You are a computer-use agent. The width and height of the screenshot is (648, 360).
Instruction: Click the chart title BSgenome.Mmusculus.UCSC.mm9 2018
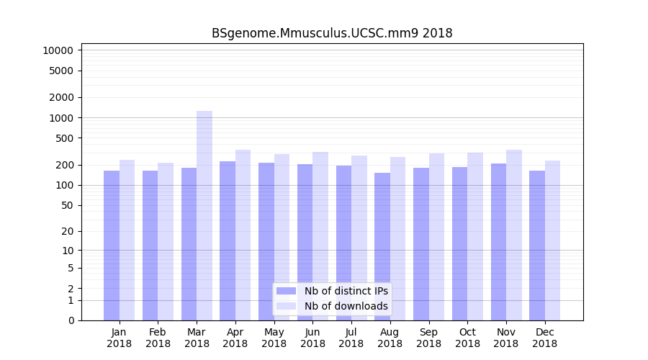coord(332,33)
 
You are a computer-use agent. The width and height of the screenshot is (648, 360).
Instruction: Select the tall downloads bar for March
coord(204,216)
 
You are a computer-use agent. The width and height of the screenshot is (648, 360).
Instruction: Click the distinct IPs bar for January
coord(112,245)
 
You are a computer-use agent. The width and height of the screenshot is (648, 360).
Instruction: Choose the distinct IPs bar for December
coord(537,245)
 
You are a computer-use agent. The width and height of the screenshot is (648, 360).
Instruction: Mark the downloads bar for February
coord(166,241)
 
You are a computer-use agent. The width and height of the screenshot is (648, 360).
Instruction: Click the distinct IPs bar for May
coord(266,241)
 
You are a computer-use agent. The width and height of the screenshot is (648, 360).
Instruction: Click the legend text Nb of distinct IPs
coord(346,291)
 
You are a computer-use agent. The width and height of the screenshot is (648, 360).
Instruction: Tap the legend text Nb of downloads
coord(346,306)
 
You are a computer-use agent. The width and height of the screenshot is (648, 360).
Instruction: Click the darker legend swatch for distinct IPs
coord(286,291)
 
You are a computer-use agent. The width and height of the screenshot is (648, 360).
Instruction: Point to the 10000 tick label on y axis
coord(58,50)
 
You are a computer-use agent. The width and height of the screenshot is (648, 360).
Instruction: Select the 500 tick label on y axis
coord(63,138)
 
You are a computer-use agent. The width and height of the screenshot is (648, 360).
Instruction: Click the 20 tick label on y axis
coord(66,231)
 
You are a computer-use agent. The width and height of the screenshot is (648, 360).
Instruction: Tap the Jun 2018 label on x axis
coord(312,338)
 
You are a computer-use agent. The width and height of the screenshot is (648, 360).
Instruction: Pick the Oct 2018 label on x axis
coord(467,338)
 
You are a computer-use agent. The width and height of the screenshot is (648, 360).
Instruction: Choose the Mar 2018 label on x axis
coord(197,338)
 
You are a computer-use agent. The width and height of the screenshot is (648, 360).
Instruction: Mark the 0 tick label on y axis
coord(71,320)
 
